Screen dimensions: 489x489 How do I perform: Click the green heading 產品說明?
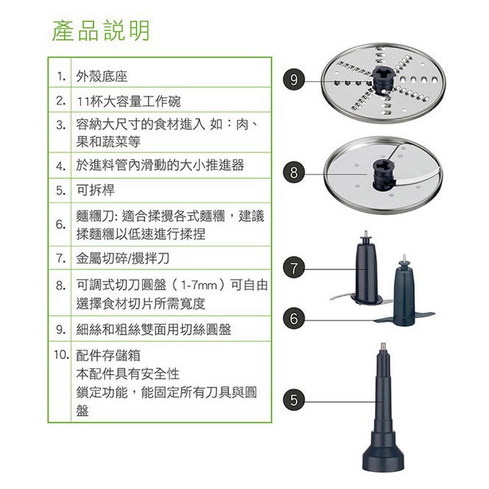[x=101, y=31]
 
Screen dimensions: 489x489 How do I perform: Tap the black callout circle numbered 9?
[x=294, y=80]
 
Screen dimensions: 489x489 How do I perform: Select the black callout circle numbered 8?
[x=294, y=172]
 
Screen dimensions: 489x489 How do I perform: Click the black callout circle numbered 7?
[x=294, y=268]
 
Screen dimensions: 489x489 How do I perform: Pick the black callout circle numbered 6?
[x=294, y=318]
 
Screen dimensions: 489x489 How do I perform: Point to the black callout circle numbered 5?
[x=294, y=400]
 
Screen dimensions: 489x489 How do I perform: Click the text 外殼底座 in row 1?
[x=102, y=77]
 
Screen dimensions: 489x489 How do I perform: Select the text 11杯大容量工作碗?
[x=128, y=102]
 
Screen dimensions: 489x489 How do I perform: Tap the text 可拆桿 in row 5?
[x=96, y=190]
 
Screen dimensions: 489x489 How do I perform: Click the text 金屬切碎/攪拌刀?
[x=122, y=258]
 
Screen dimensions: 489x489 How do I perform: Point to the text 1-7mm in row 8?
[x=199, y=285]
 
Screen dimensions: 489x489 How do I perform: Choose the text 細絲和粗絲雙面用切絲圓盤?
[x=154, y=329]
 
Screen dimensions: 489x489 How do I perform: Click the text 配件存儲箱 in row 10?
[x=108, y=355]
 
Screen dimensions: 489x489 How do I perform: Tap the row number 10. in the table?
[x=61, y=354]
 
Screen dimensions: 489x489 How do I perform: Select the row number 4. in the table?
[x=61, y=166]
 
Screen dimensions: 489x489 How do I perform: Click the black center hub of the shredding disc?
[x=383, y=80]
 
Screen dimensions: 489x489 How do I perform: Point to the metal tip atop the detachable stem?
[x=383, y=346]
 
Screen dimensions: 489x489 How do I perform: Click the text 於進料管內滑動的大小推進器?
[x=160, y=165]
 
